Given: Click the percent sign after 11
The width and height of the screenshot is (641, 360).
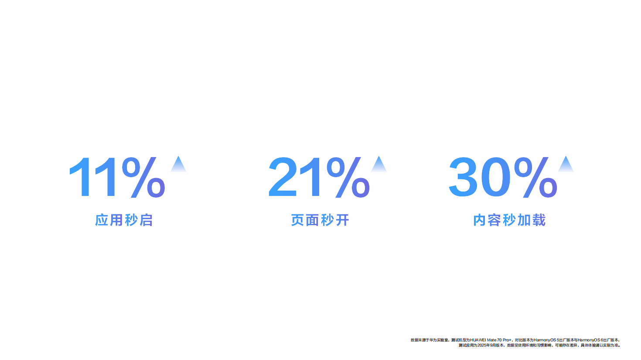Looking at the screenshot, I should pyautogui.click(x=143, y=177).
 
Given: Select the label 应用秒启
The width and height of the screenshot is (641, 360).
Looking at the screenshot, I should pyautogui.click(x=124, y=220).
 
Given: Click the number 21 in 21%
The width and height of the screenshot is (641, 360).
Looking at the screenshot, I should pyautogui.click(x=296, y=177).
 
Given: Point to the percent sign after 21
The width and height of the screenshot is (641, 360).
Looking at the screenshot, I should pyautogui.click(x=348, y=177).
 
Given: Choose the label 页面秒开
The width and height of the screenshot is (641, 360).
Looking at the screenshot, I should pyautogui.click(x=320, y=220).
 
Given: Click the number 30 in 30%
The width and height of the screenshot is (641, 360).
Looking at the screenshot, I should pyautogui.click(x=480, y=177).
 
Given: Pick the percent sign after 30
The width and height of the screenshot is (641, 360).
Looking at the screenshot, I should pyautogui.click(x=535, y=177).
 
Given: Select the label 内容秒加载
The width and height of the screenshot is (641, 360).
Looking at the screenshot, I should pyautogui.click(x=509, y=220).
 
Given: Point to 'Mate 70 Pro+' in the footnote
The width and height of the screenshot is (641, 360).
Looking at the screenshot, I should pyautogui.click(x=499, y=340).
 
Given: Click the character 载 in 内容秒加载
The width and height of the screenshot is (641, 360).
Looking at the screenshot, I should pyautogui.click(x=539, y=220).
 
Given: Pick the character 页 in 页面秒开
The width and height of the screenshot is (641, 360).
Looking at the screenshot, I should pyautogui.click(x=298, y=220).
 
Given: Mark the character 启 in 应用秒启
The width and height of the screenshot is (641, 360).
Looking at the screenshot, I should pyautogui.click(x=146, y=220).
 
